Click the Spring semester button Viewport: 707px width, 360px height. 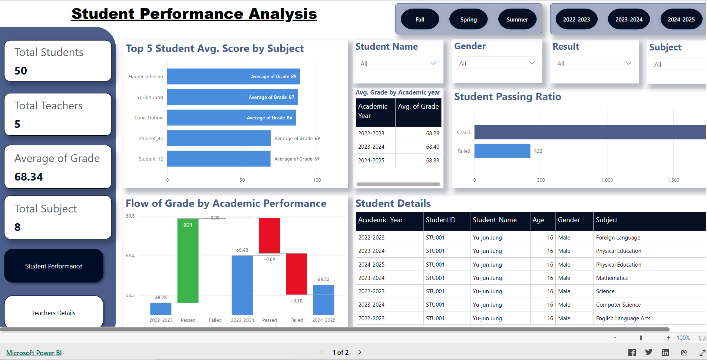coord(468,20)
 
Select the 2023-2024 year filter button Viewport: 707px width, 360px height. coord(629,20)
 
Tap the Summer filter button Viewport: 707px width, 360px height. coord(517,20)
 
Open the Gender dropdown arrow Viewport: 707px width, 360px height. coord(532,63)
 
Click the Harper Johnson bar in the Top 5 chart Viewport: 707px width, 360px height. coord(234,76)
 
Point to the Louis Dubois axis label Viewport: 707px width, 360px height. coord(149,118)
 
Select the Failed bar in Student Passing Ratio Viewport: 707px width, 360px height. coord(502,151)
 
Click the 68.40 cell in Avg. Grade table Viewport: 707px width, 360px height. coord(432,147)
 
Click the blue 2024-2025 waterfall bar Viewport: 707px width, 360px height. coord(324,300)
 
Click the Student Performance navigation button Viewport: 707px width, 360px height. coord(54,266)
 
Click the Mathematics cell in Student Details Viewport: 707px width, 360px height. coord(612,278)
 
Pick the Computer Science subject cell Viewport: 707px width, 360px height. coord(618,305)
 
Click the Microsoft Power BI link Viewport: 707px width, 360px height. coord(34,353)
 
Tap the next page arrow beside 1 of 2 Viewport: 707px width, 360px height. coord(360,352)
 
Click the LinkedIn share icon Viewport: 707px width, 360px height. coord(665,353)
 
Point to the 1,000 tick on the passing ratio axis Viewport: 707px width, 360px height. coord(607,180)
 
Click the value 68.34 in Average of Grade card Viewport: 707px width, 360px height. coord(29,177)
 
